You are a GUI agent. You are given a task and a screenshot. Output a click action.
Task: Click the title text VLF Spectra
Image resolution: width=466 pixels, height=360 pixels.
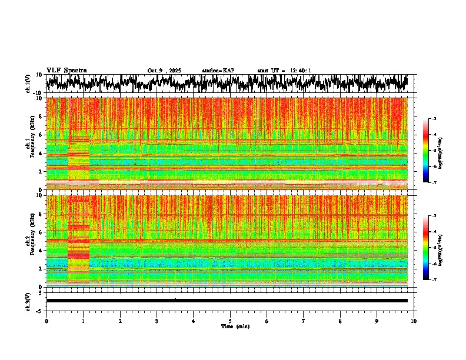66,70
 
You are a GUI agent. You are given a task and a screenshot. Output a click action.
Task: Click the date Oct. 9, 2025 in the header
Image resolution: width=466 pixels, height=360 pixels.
165,71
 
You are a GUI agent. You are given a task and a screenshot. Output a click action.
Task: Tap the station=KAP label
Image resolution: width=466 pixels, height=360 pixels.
218,71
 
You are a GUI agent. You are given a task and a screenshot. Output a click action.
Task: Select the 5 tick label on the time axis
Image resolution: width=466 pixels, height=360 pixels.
230,321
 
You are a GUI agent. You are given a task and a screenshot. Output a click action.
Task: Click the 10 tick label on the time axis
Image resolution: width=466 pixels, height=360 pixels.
414,321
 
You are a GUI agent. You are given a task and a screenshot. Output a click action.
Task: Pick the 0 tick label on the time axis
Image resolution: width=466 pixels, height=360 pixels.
46,321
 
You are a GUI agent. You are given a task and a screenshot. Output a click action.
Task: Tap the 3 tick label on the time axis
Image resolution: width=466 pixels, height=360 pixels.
157,321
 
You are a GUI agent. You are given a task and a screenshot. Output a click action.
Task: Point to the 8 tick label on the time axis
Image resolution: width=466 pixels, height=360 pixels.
340,321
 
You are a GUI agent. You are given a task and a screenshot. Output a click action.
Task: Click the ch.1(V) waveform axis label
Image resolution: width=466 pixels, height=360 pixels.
28,84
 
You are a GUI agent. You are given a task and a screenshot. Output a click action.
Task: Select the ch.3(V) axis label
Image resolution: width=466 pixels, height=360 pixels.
28,301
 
